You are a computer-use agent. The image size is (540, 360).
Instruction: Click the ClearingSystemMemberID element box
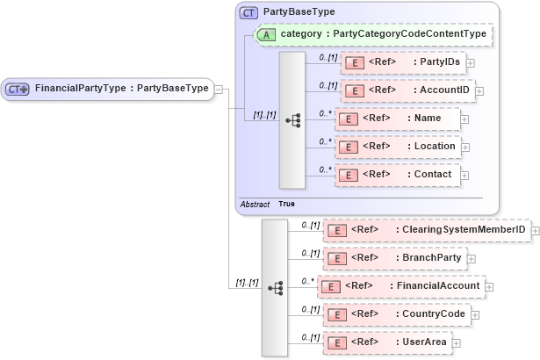tap(426, 230)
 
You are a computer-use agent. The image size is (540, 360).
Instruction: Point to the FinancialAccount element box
tap(400, 286)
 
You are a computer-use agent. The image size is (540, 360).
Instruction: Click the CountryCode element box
tap(396, 313)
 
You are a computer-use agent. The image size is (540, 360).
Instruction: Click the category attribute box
tap(372, 34)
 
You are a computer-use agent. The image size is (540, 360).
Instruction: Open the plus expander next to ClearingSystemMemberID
tap(535, 231)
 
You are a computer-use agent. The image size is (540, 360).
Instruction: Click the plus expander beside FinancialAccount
tap(489, 286)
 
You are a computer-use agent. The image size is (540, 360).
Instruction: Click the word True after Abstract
tap(286, 204)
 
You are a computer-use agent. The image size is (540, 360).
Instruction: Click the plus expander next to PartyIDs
tap(471, 62)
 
